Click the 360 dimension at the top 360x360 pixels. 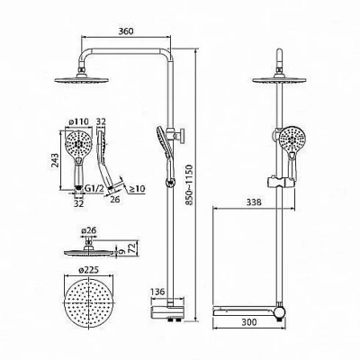point(126,31)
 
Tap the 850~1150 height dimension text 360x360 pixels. point(189,184)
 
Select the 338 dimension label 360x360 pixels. point(254,202)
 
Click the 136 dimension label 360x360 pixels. point(157,292)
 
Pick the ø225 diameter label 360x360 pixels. point(89,270)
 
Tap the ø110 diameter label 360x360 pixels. point(79,121)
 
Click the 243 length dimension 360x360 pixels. point(55,161)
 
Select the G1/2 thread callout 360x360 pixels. point(94,189)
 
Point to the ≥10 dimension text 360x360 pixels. point(137,189)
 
